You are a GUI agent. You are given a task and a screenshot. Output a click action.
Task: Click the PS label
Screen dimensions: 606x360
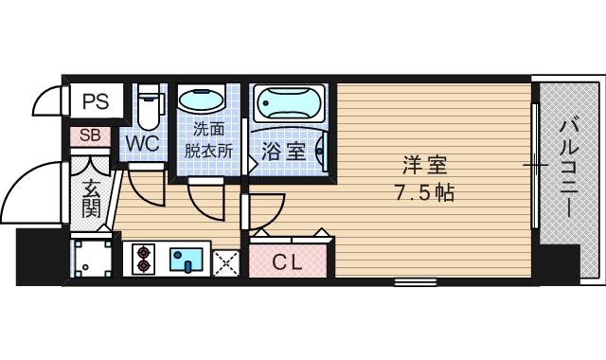[x=95, y=101]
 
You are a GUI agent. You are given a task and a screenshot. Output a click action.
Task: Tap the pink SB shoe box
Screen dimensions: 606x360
[x=90, y=136]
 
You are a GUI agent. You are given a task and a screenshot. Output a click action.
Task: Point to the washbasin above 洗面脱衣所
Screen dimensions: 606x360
[x=202, y=99]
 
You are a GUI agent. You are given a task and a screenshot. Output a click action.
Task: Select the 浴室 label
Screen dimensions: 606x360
[x=282, y=150]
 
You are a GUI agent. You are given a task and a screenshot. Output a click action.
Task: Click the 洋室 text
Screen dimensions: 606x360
[x=424, y=165]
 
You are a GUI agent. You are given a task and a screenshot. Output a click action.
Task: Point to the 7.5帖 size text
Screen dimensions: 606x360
[x=424, y=193]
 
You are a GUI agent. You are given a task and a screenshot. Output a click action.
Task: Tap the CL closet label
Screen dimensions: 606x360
[x=288, y=262]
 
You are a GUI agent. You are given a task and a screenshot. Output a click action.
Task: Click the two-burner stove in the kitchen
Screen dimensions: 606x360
[x=144, y=259]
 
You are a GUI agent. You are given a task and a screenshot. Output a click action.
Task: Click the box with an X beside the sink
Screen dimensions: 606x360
[x=227, y=261]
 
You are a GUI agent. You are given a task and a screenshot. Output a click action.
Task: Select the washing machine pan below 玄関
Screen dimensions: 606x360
[x=92, y=256]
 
